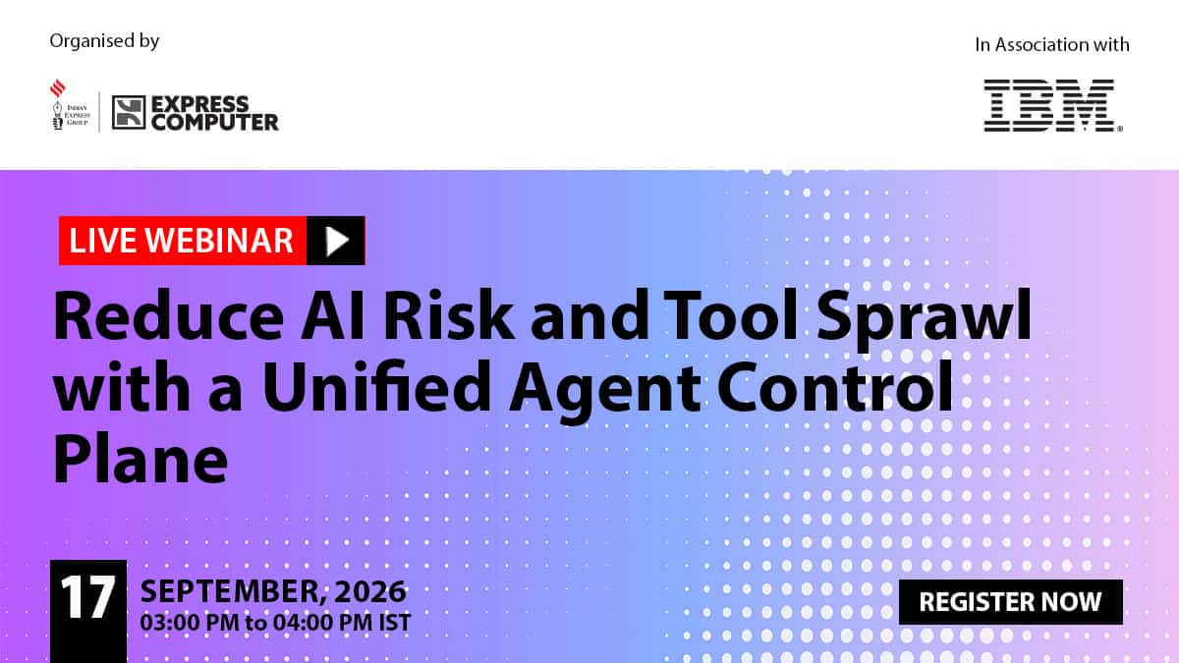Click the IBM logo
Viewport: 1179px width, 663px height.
tap(1052, 105)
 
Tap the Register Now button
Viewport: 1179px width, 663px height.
tap(1011, 602)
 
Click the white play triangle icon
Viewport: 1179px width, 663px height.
tap(337, 241)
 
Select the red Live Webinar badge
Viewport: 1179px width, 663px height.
tap(183, 241)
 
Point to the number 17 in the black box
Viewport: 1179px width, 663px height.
tap(87, 596)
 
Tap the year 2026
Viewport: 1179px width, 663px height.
tap(370, 591)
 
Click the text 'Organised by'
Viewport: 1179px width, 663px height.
tap(104, 41)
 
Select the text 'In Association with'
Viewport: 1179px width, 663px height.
tap(1052, 45)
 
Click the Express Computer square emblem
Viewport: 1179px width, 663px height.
tap(129, 112)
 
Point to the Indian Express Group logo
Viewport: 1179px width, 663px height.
tap(70, 105)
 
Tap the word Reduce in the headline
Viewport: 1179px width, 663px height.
tap(168, 315)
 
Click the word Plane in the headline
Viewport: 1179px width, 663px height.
tap(140, 459)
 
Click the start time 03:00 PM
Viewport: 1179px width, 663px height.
tap(190, 623)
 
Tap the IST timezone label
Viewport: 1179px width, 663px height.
tap(395, 623)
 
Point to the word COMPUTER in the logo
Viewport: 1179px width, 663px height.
tap(215, 122)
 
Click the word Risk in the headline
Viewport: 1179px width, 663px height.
tap(448, 315)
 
